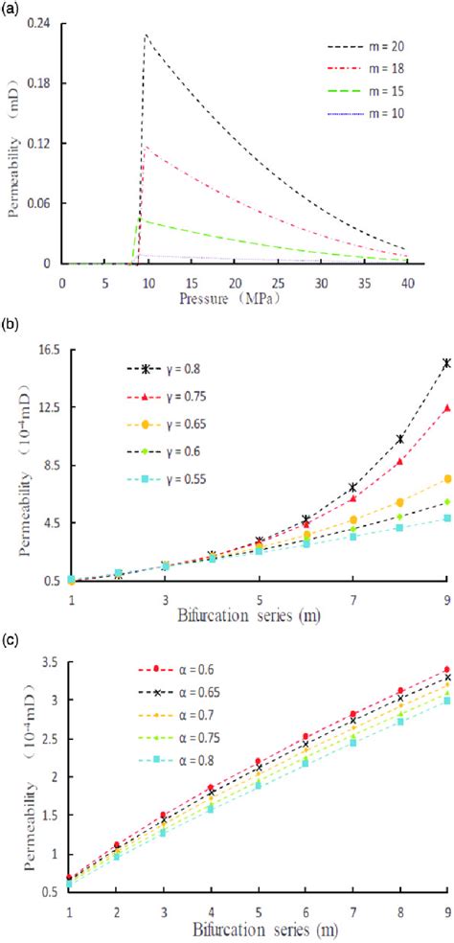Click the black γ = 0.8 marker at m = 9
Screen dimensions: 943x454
tap(446, 362)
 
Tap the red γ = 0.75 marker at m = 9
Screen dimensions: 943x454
tap(446, 407)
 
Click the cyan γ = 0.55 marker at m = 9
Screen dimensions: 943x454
tap(446, 518)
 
